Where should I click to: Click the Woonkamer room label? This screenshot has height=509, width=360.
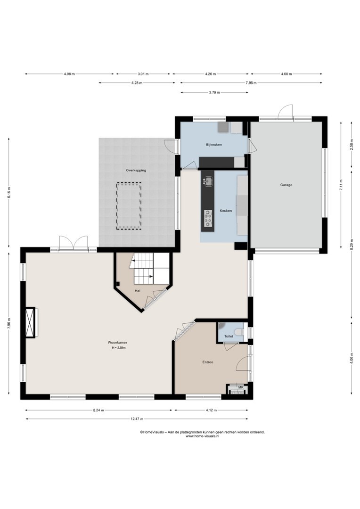click(117, 343)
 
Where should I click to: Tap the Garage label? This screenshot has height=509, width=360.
click(286, 185)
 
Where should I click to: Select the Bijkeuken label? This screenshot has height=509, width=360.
click(214, 145)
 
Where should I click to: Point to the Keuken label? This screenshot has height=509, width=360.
click(226, 211)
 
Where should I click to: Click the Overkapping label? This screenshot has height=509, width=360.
click(136, 171)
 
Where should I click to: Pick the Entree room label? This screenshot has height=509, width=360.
click(208, 362)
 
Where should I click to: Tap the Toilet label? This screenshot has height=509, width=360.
click(229, 337)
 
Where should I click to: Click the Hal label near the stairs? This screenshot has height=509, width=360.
click(138, 291)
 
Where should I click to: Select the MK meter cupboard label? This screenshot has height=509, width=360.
click(240, 387)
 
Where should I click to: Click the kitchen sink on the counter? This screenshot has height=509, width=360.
click(208, 181)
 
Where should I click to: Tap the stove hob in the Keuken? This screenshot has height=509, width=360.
click(208, 218)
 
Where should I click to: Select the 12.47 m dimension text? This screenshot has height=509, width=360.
click(137, 419)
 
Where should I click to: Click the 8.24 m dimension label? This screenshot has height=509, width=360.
click(98, 410)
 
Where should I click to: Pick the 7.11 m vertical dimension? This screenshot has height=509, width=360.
click(341, 185)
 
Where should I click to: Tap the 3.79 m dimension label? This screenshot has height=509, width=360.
click(214, 92)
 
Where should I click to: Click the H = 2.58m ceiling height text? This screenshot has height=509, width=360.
click(118, 348)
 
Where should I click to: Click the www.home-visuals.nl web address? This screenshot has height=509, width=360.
click(202, 436)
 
